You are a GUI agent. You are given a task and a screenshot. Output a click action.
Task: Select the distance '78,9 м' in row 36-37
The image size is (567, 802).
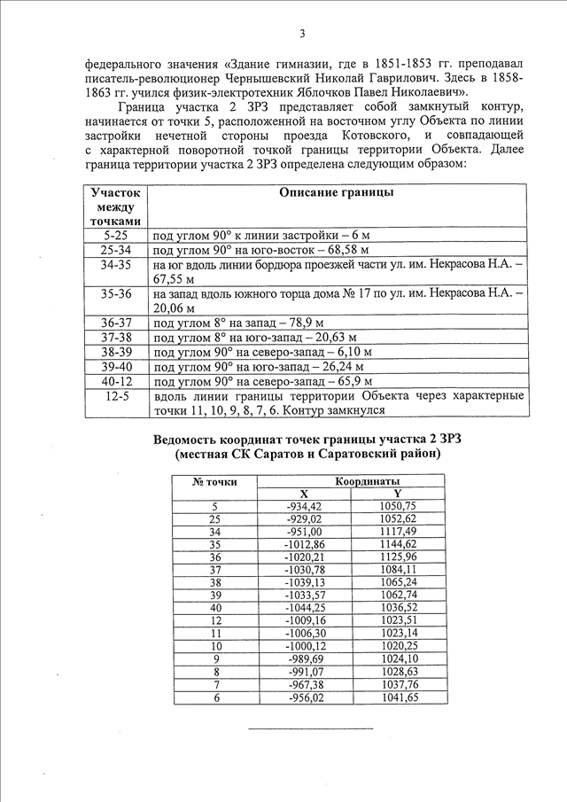[302, 323]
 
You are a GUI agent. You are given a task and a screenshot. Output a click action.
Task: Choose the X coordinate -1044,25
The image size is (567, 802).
[304, 607]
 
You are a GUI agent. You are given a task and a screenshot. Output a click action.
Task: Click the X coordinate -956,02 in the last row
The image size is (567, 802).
[304, 698]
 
